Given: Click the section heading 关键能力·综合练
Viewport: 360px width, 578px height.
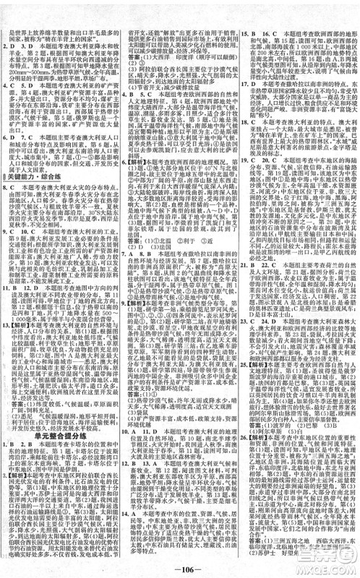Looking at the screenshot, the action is click(x=33, y=155).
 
